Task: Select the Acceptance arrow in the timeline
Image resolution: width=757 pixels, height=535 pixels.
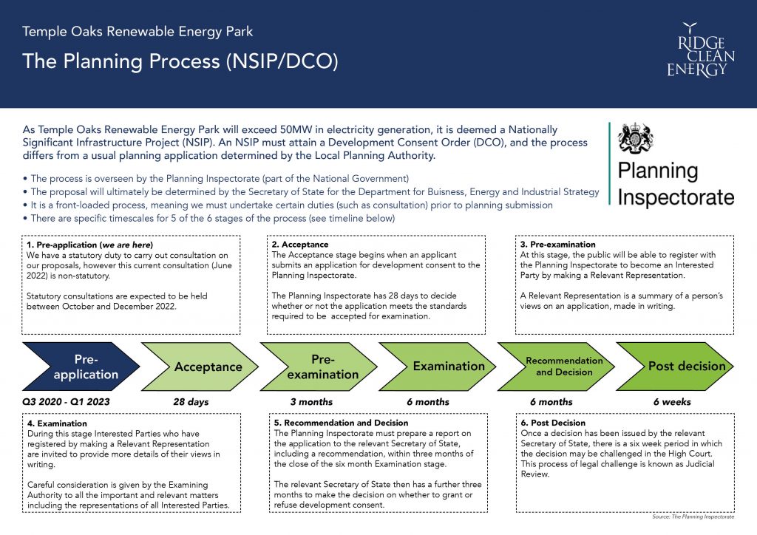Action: tap(200, 367)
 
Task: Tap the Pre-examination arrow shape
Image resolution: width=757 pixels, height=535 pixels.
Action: tap(319, 367)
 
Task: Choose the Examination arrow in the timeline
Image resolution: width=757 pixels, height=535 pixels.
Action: tap(438, 367)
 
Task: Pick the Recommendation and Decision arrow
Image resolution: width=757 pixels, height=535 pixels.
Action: tap(556, 367)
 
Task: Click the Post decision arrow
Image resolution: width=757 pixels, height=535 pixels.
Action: tap(675, 367)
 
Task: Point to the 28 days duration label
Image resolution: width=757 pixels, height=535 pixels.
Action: tap(191, 402)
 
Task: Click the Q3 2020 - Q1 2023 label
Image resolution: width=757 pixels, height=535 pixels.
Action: tap(66, 402)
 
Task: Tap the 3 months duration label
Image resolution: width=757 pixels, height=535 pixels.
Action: tap(311, 402)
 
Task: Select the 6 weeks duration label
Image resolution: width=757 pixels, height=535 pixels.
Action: tap(672, 402)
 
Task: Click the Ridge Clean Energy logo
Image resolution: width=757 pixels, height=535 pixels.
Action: tap(701, 50)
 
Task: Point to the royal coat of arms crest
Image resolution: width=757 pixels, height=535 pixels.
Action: tap(636, 138)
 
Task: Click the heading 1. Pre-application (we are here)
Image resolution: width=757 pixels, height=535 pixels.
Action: tap(89, 245)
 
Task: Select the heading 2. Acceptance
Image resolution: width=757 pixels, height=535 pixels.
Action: tap(300, 245)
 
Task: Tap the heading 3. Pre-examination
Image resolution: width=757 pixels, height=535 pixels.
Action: tap(557, 245)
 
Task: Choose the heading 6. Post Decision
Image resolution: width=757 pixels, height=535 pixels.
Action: tap(553, 423)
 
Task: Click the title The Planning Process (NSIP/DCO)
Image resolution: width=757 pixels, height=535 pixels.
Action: tap(180, 61)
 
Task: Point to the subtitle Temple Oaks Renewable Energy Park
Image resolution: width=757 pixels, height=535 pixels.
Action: tap(138, 31)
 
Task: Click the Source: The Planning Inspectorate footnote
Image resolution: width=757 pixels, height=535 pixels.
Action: tap(693, 517)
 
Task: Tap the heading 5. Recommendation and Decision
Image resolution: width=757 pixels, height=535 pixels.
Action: tap(341, 423)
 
